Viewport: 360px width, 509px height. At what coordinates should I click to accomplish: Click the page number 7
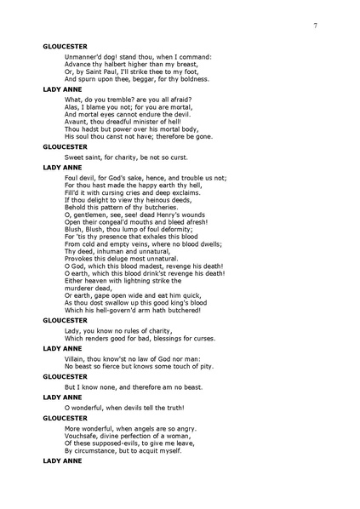point(315,26)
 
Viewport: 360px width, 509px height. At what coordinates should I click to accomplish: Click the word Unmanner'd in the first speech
point(83,57)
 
